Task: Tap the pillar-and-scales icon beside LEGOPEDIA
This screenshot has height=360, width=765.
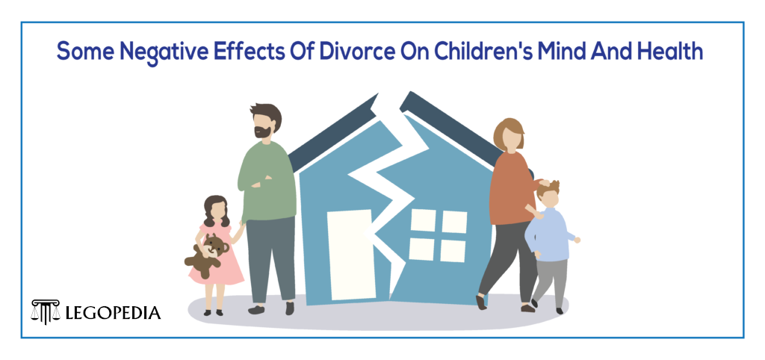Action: pos(46,311)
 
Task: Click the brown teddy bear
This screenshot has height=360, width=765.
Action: pos(207,255)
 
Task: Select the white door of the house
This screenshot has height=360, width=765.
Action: pos(350,254)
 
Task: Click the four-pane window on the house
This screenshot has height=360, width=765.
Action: pos(437,235)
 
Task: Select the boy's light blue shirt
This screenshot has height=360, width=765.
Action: pos(551,235)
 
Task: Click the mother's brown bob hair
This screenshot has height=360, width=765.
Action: pos(508,133)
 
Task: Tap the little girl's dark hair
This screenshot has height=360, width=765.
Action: pos(215,210)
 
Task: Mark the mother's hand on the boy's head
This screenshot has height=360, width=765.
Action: pos(545,182)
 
